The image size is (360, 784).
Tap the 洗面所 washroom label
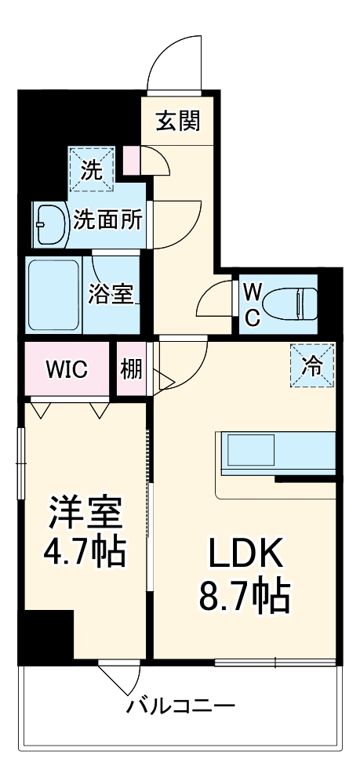click(x=108, y=220)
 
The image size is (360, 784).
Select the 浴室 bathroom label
click(x=111, y=296)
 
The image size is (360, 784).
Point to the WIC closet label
click(x=66, y=368)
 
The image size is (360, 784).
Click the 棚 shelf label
click(x=132, y=368)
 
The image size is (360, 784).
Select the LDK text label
click(x=244, y=557)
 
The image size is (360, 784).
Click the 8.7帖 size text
click(x=244, y=597)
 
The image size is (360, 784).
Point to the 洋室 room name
click(x=85, y=514)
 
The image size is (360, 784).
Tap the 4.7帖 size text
click(x=85, y=552)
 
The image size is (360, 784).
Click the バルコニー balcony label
click(x=181, y=706)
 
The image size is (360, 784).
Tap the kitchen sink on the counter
click(x=251, y=451)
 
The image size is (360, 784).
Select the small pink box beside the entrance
click(x=132, y=162)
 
